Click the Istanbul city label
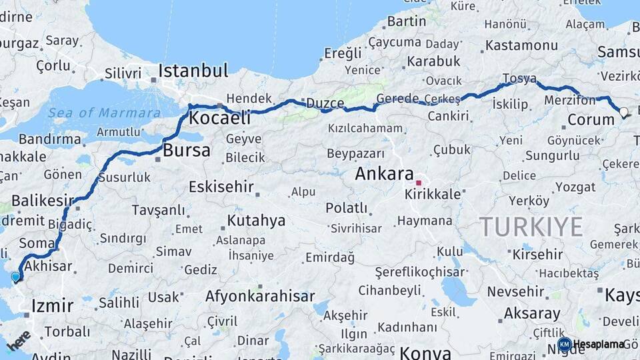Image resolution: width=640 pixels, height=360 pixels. [x=193, y=71]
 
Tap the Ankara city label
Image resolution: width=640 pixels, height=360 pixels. [x=385, y=174]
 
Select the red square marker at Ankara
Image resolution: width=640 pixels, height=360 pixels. [x=419, y=182]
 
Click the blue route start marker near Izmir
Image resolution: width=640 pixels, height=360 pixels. [x=15, y=276]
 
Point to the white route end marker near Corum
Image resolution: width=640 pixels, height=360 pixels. [x=623, y=112]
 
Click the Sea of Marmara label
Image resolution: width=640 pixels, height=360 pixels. [x=104, y=113]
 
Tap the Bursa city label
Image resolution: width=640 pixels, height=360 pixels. [x=187, y=150]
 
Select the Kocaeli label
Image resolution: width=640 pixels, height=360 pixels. [x=220, y=119]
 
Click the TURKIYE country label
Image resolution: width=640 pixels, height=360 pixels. [x=531, y=227]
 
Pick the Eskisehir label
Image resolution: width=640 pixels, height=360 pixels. [x=221, y=187]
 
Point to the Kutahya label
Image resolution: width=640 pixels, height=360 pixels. [x=256, y=220]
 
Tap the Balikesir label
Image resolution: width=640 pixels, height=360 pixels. [x=42, y=201]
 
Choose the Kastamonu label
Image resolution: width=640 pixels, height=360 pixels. [x=521, y=46]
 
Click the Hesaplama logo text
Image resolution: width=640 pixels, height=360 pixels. [x=599, y=344]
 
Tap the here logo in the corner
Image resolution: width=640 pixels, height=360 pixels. [x=19, y=340]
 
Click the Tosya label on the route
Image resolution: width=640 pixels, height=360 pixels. [x=519, y=79]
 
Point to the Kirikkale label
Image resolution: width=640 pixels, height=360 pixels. [x=433, y=194]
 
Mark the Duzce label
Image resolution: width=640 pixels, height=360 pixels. [x=325, y=103]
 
